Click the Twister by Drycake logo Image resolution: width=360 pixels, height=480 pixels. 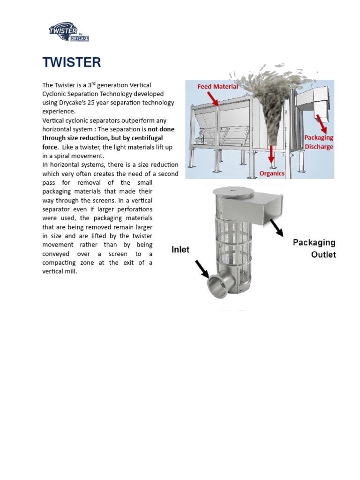68,32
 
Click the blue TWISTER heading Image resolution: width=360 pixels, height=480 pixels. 71,62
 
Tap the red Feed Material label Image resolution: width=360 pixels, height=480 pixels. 217,86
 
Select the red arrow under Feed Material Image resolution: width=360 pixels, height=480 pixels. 212,99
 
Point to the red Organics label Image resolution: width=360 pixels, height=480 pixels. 272,173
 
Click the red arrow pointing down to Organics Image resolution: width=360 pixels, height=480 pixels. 272,155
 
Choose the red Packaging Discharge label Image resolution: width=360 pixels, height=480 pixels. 319,142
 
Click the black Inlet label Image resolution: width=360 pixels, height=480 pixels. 180,249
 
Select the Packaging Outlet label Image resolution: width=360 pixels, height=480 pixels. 314,248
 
